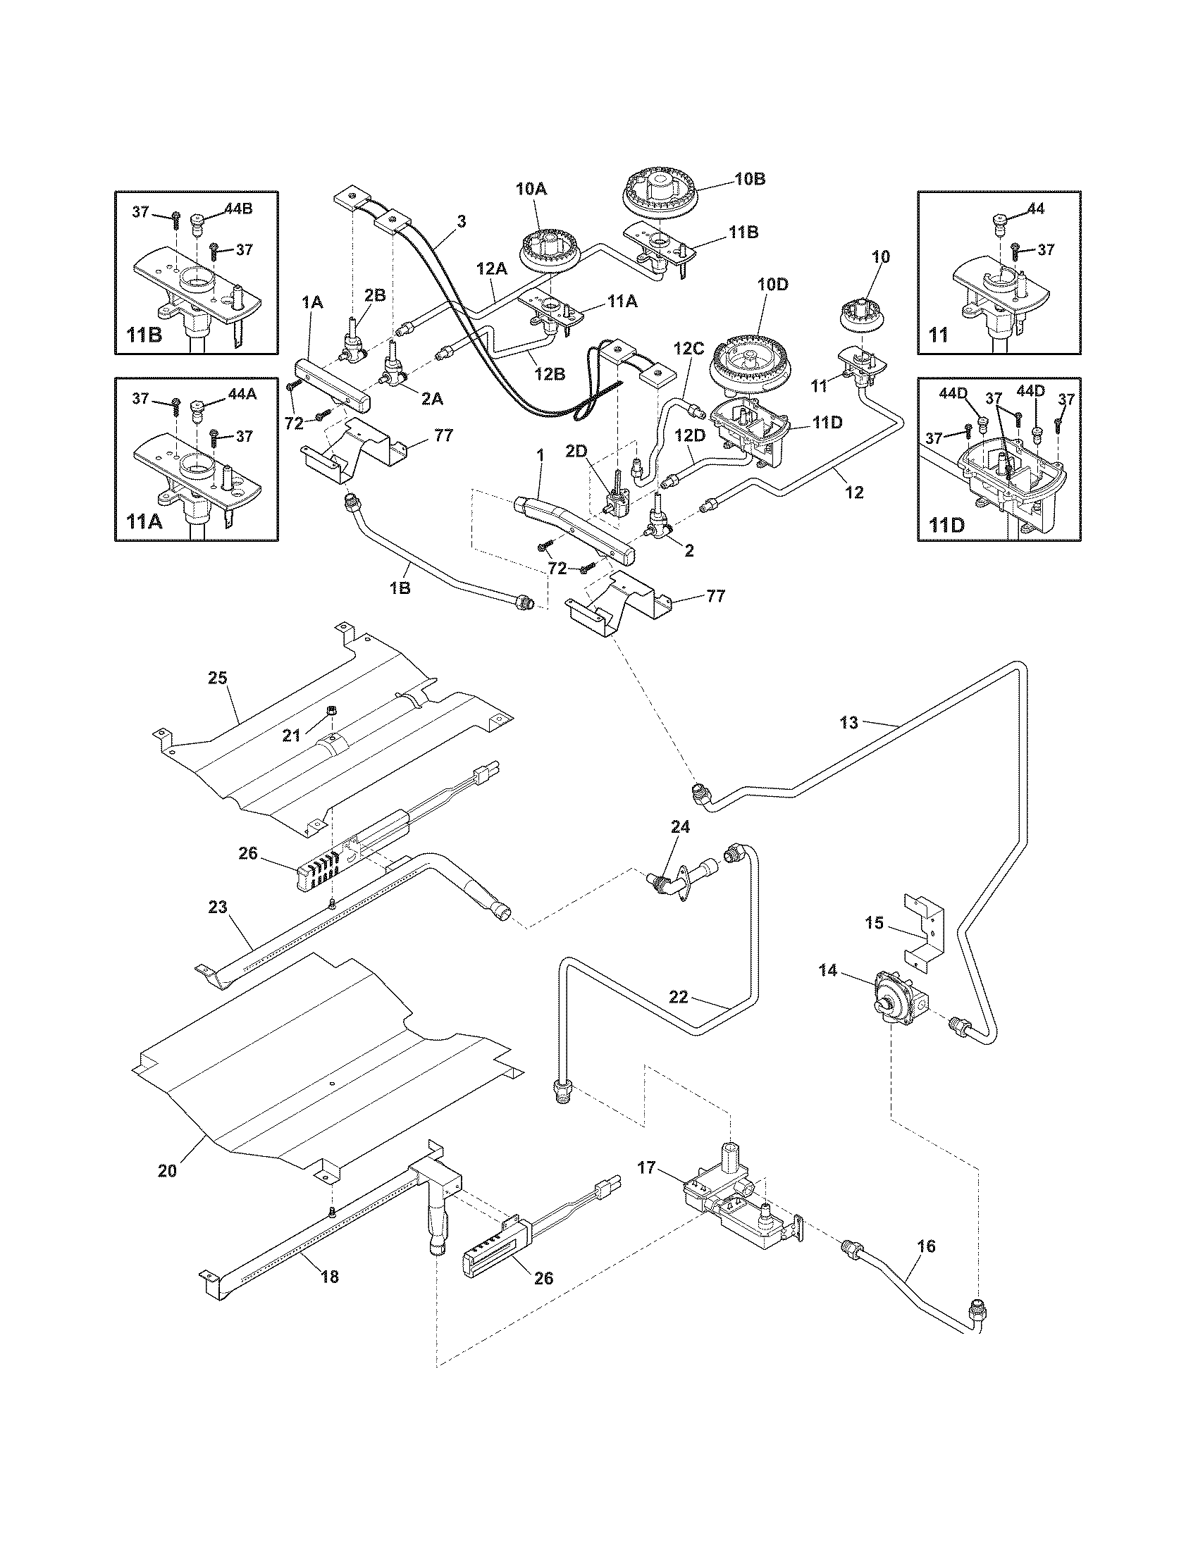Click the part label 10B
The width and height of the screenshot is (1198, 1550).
pyautogui.click(x=750, y=180)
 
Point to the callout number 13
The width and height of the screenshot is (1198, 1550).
pyautogui.click(x=849, y=723)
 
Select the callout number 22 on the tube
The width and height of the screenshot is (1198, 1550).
pyautogui.click(x=679, y=997)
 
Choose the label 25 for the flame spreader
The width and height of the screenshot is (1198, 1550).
pyautogui.click(x=217, y=678)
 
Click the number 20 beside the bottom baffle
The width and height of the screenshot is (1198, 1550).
pyautogui.click(x=167, y=1172)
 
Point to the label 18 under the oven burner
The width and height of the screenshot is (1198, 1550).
pyautogui.click(x=329, y=1277)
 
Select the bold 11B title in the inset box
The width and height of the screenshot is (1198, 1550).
pyautogui.click(x=144, y=335)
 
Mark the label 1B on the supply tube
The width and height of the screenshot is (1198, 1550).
pyautogui.click(x=400, y=588)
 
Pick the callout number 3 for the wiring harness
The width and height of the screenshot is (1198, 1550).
pyautogui.click(x=462, y=222)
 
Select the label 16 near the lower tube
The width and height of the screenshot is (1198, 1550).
pyautogui.click(x=926, y=1246)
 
